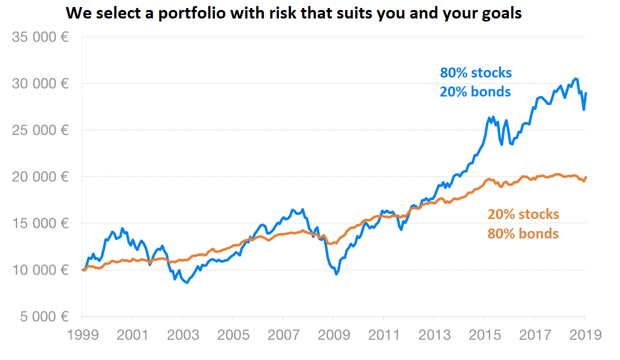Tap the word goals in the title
[498, 13]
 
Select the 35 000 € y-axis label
[40, 37]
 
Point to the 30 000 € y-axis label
[40, 83]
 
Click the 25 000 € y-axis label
[40, 130]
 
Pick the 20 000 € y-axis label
[40, 176]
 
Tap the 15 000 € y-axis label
[40, 223]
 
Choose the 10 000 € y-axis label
[40, 270]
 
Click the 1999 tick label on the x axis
[81, 334]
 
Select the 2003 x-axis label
[182, 334]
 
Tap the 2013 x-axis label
[433, 334]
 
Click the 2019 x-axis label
[584, 334]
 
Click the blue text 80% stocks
[475, 73]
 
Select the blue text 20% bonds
[475, 92]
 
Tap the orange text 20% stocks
[523, 214]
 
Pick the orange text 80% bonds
[523, 233]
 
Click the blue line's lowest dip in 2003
[187, 283]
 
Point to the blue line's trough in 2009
[336, 274]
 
